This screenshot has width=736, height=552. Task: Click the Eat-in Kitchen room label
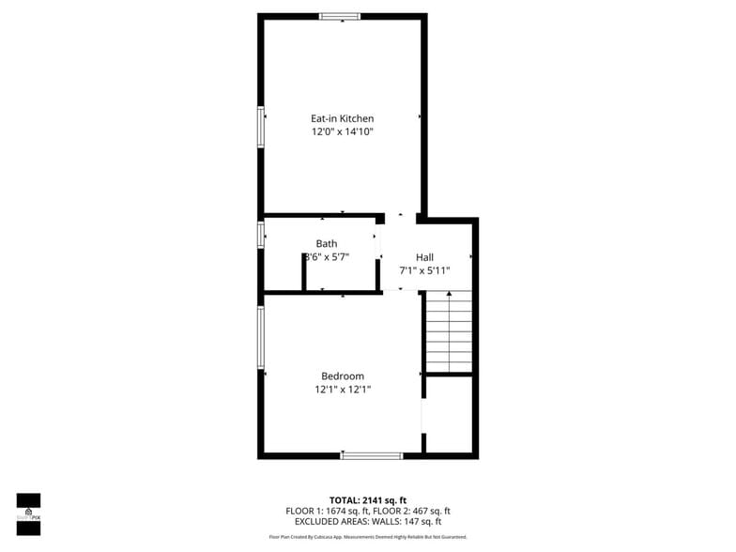pos(343,118)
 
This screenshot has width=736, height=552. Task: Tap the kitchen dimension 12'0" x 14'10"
pos(343,132)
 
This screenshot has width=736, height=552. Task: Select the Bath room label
pos(327,243)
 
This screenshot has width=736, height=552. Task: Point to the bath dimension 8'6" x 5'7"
pos(327,257)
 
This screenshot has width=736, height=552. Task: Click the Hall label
pos(424,256)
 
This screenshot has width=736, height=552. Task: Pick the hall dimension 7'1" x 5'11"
pos(424,270)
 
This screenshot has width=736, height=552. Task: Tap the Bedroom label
pos(343,376)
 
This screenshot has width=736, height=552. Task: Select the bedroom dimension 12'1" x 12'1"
pos(343,390)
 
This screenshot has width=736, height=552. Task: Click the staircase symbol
pos(448,331)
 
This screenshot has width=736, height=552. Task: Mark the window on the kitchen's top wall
pos(340,16)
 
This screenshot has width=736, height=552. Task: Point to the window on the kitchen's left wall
pos(261,127)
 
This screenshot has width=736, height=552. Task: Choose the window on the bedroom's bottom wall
pos(372,455)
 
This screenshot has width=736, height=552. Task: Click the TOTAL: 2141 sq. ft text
pos(368,499)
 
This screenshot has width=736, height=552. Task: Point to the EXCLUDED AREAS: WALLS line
pos(368,521)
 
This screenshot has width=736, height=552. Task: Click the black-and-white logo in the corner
pos(28,514)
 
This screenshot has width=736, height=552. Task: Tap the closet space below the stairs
pos(449,414)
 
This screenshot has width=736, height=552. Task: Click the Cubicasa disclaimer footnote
pos(368,537)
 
